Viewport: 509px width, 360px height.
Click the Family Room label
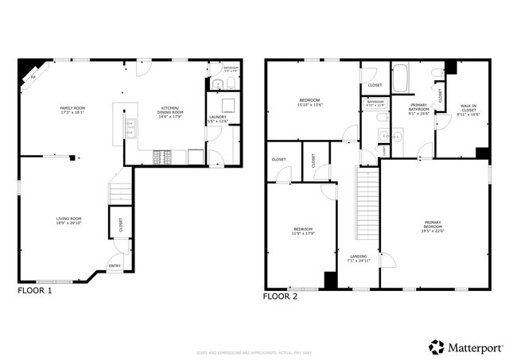coord(72,110)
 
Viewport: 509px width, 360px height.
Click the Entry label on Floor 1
coord(115,266)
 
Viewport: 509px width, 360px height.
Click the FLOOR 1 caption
coord(35,291)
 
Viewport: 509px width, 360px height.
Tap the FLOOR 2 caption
coord(280,296)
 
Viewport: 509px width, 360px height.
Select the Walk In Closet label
coord(468,110)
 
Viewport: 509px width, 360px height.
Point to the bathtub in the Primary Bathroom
coord(400,79)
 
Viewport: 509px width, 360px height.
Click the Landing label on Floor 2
coord(359,257)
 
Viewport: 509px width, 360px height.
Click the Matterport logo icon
coord(437,346)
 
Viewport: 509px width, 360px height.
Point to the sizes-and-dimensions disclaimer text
coord(254,350)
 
